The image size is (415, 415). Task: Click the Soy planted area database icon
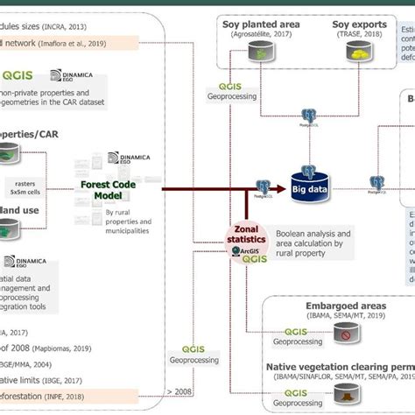pyautogui.click(x=260, y=54)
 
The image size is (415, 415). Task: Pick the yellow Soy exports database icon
pyautogui.click(x=359, y=54)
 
